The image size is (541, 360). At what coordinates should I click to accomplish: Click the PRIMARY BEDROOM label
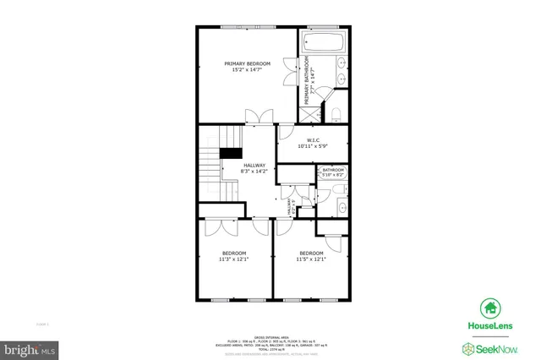(x=247, y=63)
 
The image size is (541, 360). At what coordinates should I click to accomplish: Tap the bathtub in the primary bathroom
(x=323, y=42)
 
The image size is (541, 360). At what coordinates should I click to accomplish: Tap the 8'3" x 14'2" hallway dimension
(x=254, y=172)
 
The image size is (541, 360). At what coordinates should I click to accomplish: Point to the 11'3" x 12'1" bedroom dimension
(x=234, y=259)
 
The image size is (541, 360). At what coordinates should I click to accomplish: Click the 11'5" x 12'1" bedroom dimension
(x=311, y=259)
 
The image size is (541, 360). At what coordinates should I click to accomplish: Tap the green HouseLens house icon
(x=489, y=308)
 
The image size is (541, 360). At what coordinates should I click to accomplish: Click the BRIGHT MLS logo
(x=30, y=348)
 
